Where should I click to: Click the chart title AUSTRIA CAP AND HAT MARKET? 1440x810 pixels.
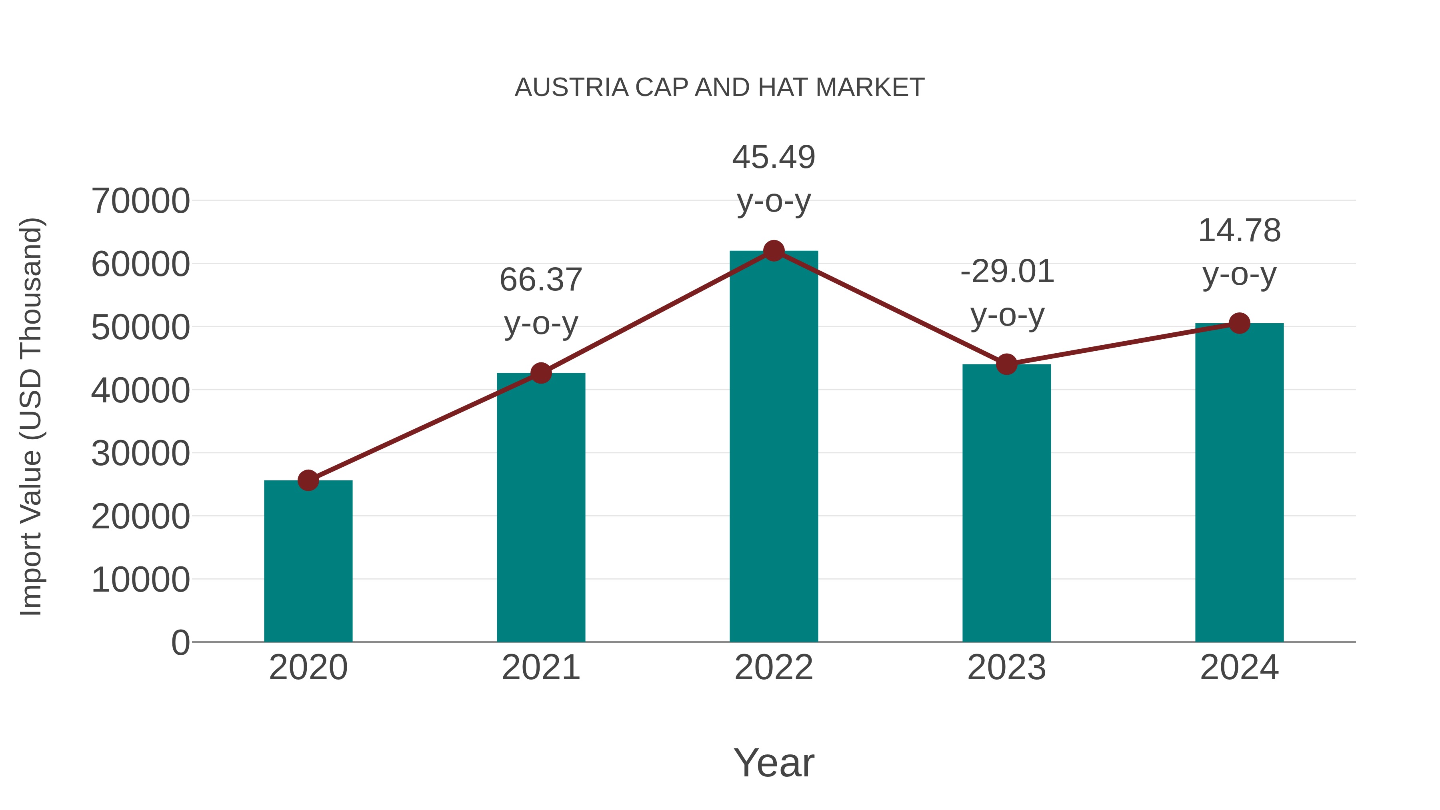click(720, 88)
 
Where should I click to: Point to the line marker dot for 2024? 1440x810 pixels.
click(1239, 323)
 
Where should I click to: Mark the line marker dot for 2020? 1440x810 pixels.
click(308, 480)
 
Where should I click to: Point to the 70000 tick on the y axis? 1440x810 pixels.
click(140, 201)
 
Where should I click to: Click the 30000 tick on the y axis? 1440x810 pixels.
click(140, 453)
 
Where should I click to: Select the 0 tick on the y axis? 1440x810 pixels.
click(180, 643)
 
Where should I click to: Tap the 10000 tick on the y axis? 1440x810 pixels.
click(140, 580)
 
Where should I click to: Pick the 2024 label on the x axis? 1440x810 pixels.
click(1239, 668)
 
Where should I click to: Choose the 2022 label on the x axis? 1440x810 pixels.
click(774, 668)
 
